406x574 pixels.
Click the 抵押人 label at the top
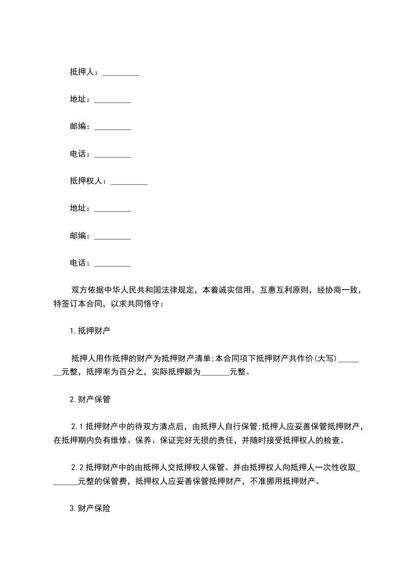point(82,73)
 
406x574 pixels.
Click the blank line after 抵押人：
point(121,74)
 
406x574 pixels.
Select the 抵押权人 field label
point(86,181)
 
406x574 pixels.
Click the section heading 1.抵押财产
point(90,330)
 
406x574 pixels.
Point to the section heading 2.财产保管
point(90,400)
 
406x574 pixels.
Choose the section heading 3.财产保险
point(90,509)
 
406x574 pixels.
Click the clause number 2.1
point(77,426)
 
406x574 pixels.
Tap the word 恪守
point(153,304)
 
